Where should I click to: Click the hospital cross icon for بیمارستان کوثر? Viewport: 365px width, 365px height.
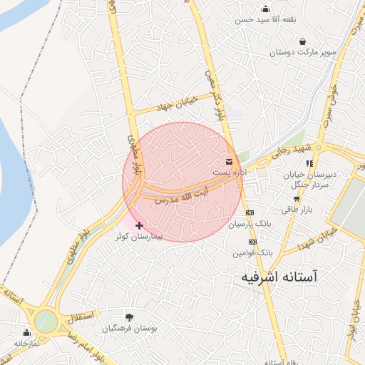tap(139, 225)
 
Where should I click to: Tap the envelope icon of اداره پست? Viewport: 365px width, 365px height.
tap(229, 162)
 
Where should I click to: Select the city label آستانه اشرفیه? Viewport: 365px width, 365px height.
tap(284, 275)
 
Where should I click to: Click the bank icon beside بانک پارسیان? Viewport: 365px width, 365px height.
tap(250, 213)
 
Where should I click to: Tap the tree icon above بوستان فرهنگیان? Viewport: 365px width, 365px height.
tap(129, 317)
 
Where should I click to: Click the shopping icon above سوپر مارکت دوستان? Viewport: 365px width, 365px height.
tap(304, 41)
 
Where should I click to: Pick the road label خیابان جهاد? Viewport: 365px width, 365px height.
tap(189, 99)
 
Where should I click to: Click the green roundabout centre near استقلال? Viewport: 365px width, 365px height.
tap(45, 320)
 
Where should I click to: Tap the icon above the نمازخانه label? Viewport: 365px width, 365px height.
tap(27, 332)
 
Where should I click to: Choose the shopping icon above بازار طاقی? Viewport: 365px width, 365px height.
tap(297, 199)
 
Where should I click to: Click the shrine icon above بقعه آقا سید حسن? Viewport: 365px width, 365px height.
tap(266, 9)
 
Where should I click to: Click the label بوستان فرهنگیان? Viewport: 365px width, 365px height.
tap(129, 329)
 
